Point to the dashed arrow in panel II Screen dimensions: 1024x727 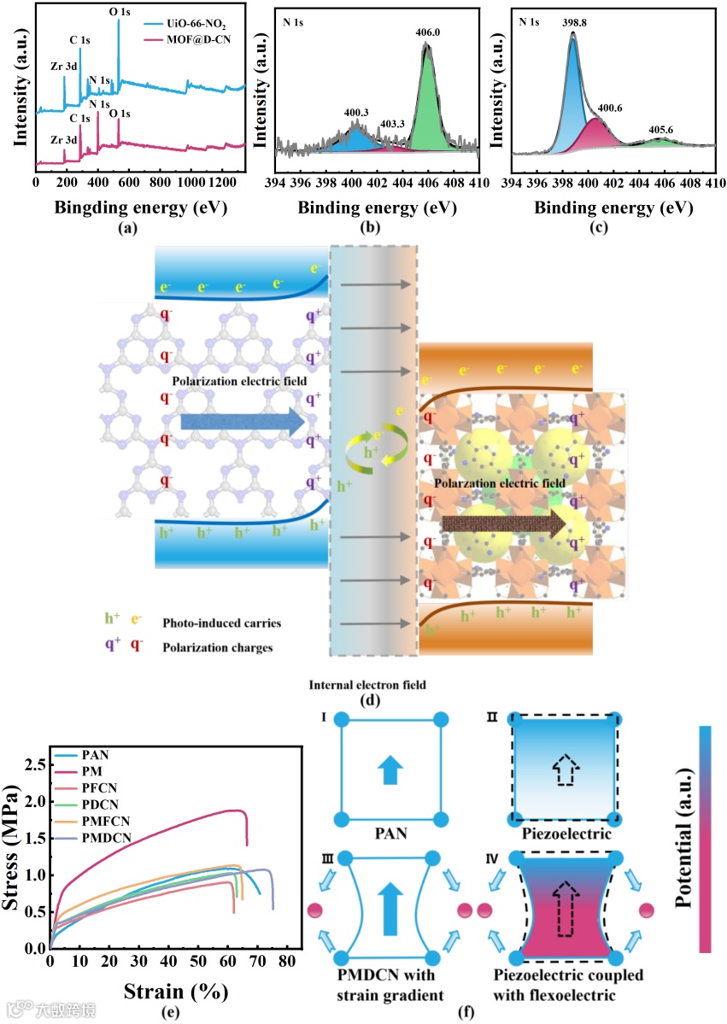coord(562,770)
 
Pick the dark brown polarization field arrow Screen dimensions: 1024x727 coord(504,524)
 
